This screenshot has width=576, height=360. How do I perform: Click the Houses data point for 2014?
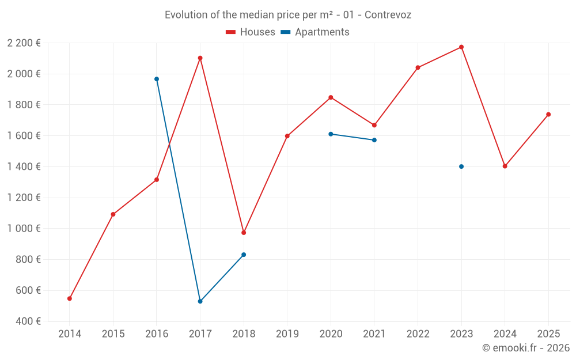pos(70,298)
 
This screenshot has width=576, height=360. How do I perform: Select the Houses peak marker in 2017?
pos(200,58)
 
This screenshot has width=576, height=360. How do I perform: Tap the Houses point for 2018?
pos(244,233)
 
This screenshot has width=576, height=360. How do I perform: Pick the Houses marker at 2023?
pos(461,47)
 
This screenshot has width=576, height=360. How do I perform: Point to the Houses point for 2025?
pos(548,115)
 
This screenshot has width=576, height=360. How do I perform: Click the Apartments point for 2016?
pos(157,79)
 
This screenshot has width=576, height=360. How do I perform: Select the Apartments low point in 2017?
pos(200,301)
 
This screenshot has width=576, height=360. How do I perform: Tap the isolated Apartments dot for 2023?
pos(461,166)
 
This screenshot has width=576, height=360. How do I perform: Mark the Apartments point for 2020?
pos(331,134)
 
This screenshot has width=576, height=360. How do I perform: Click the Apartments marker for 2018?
pos(244,255)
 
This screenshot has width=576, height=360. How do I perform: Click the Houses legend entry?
pos(251,32)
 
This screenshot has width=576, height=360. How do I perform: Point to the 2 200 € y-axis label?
pos(24,43)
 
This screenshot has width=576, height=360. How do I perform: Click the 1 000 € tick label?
pos(24,229)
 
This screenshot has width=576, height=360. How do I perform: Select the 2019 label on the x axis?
pos(287,334)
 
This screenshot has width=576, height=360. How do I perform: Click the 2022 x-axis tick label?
pos(418,334)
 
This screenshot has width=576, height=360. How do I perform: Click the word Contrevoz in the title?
pos(388,15)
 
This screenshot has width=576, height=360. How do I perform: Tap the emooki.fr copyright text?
pos(525,348)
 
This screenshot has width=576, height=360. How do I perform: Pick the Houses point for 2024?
pos(505,166)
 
